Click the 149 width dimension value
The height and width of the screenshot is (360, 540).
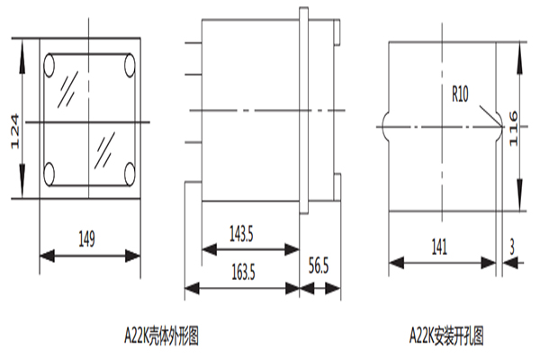[x=87, y=238]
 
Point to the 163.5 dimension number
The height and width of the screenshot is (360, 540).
[x=241, y=270]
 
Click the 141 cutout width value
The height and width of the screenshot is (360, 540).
[x=440, y=244]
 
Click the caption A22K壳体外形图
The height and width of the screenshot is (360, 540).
[x=159, y=337]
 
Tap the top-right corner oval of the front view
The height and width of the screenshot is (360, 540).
[x=128, y=65]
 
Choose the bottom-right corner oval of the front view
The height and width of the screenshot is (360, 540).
[x=128, y=173]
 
